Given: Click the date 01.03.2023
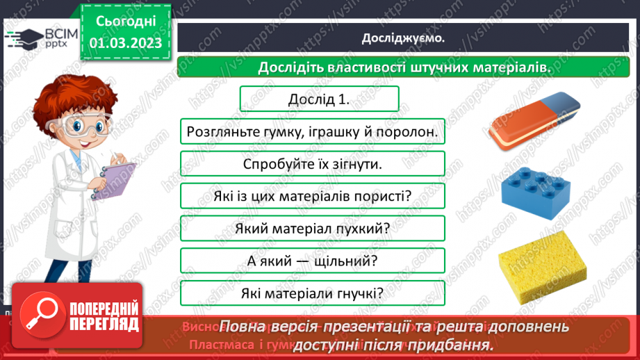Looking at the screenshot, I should pos(125,42).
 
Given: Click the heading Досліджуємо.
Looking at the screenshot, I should pos(402,38).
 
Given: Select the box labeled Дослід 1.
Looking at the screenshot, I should pos(318,99).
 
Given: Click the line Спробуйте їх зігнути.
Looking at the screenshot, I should pos(311,164).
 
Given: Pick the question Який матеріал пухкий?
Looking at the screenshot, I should pos(311,229).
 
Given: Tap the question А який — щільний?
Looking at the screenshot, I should pos(311,261).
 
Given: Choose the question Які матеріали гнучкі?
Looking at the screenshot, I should pos(311,293).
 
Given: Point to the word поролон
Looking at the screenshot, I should pos(409,131).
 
